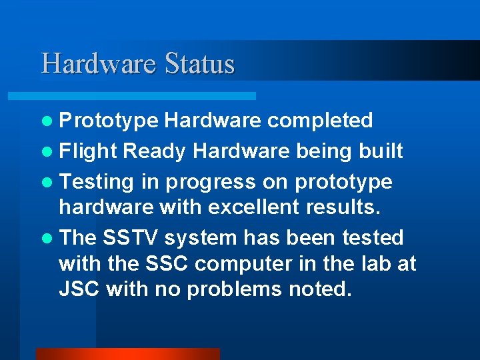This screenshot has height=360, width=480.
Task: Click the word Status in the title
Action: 199,64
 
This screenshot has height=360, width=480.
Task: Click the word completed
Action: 320,121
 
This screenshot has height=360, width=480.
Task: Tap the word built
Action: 381,151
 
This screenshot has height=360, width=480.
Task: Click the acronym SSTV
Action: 131,238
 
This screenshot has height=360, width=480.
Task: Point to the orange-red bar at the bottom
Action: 127,354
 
